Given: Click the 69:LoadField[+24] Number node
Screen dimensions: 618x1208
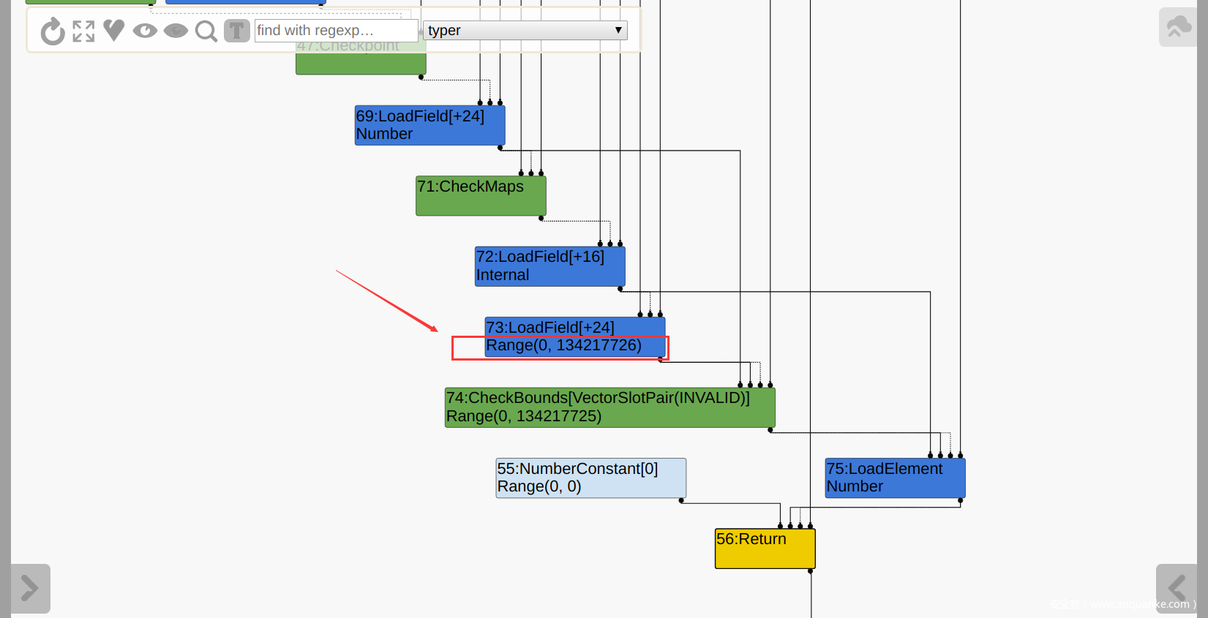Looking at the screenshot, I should [x=429, y=125].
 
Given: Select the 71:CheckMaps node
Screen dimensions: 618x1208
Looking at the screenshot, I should [x=481, y=195].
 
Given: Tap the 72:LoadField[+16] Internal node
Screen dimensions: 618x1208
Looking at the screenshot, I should [x=549, y=266].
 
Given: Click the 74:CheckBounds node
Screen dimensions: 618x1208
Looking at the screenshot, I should [x=609, y=407].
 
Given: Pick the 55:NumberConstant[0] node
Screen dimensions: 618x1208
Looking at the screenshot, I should [x=590, y=478].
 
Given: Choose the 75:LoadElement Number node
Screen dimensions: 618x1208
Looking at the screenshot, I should [x=895, y=478].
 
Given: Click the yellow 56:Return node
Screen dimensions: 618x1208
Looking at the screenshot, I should [x=765, y=548].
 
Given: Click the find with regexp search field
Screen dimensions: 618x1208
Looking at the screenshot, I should [x=335, y=31].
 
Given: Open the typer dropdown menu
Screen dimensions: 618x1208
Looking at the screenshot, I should [x=525, y=31].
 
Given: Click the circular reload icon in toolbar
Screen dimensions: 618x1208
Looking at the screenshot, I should [x=53, y=31].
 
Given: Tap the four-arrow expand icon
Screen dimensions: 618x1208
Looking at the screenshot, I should [x=83, y=31].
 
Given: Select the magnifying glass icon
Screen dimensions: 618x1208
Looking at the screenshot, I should [x=206, y=31].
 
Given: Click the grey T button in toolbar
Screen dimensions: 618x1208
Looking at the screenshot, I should [x=236, y=31].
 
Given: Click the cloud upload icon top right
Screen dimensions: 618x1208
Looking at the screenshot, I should [x=1178, y=27].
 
